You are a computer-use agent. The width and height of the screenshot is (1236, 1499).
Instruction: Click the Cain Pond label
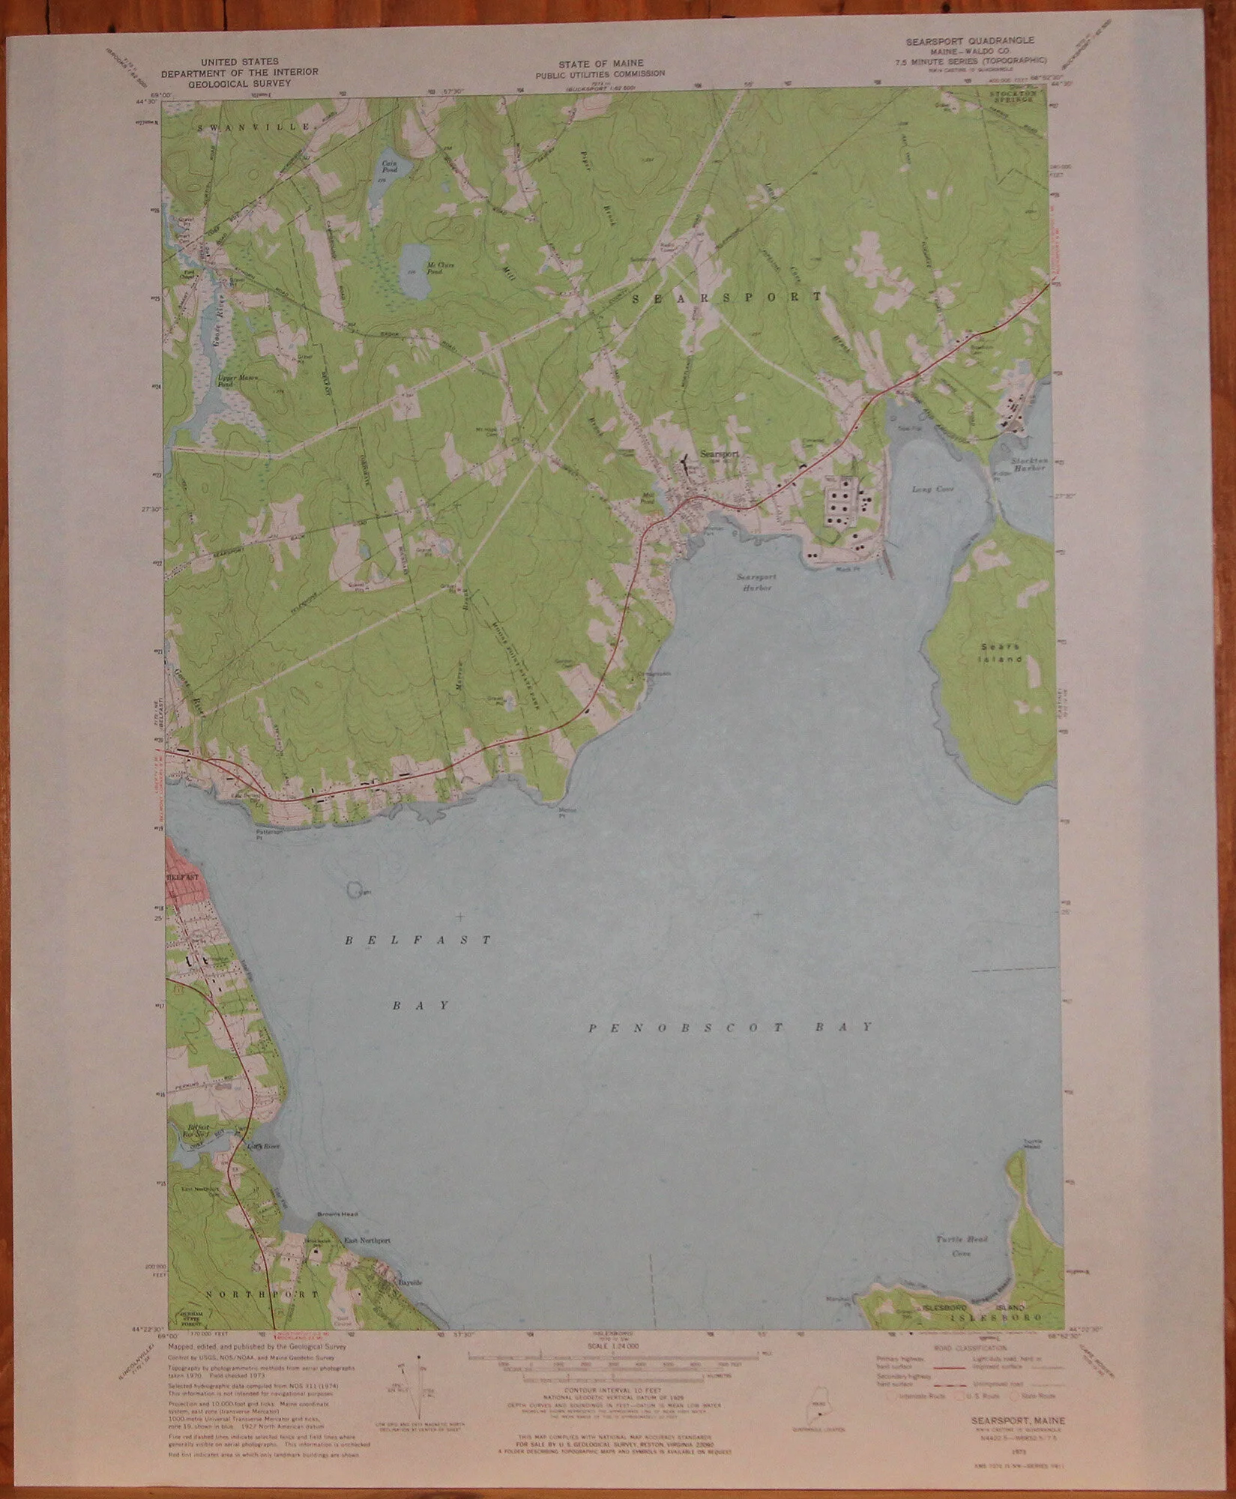(x=389, y=166)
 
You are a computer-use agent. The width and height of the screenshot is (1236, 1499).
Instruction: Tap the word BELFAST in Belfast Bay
(x=418, y=939)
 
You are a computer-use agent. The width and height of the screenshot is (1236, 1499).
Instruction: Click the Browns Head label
(x=328, y=1213)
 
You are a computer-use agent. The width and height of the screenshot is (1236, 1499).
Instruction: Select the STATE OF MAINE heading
(x=599, y=64)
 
